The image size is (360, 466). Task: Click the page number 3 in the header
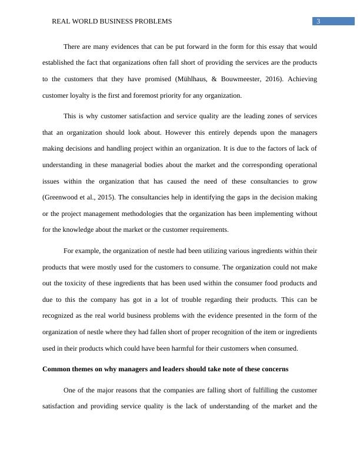[318, 21]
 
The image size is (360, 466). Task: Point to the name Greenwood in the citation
[62, 197]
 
